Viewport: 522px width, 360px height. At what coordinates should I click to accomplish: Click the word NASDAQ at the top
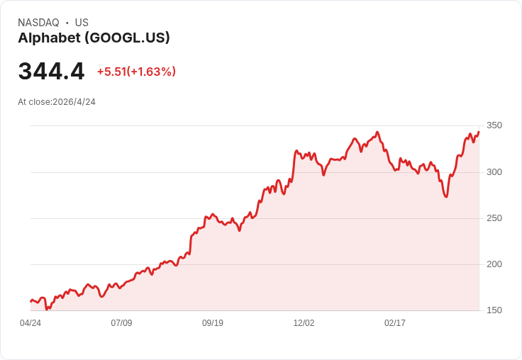click(38, 23)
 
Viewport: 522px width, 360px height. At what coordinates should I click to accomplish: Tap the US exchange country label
click(82, 23)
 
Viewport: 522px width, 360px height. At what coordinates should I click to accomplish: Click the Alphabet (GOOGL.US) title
click(94, 38)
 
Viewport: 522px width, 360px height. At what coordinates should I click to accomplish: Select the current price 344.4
click(51, 72)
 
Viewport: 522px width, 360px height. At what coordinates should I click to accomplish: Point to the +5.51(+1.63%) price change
click(136, 72)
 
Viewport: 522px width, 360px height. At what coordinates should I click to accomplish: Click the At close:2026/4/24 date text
click(57, 102)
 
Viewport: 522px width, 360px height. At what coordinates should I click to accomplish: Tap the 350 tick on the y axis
click(494, 125)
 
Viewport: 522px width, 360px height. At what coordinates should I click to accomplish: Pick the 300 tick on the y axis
click(494, 172)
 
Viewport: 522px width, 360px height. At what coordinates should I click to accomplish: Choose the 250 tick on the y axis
click(494, 218)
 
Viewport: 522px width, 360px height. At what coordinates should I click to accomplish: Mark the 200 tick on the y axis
click(494, 264)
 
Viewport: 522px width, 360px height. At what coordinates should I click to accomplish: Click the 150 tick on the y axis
click(494, 310)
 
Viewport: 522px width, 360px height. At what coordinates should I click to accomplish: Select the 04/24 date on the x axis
click(30, 323)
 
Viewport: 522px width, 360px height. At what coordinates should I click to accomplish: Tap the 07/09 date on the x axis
click(121, 323)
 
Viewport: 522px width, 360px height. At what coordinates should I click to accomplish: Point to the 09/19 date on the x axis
click(213, 323)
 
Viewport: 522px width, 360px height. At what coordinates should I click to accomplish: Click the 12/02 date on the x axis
click(304, 323)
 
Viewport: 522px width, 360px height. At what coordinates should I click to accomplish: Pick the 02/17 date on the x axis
click(395, 323)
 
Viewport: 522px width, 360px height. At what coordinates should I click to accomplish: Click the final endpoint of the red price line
click(479, 132)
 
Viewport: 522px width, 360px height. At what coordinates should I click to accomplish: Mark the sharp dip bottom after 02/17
click(445, 196)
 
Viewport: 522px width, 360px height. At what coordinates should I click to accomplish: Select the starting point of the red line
click(30, 301)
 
